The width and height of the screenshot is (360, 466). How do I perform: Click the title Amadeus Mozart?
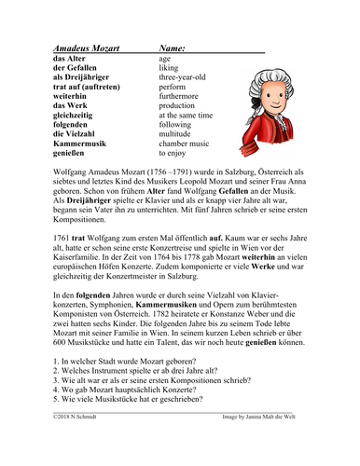(x=78, y=46)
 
